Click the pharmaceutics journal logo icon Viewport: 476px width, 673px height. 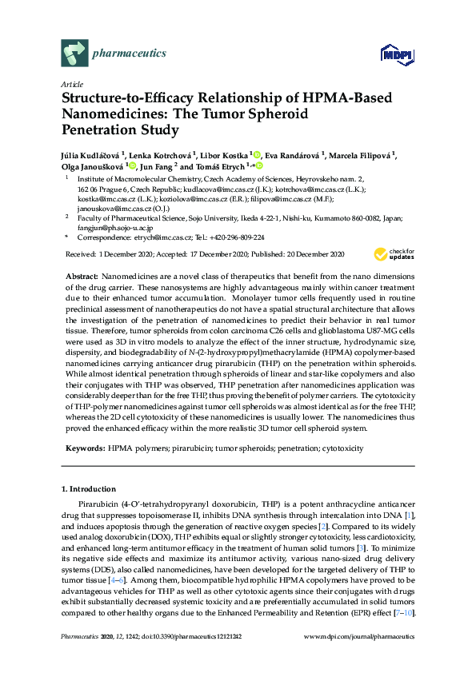74,54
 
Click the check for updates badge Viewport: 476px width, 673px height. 394,254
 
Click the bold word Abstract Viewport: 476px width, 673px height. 82,275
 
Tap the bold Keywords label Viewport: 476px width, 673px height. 85,448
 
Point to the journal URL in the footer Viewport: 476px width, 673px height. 360,657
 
